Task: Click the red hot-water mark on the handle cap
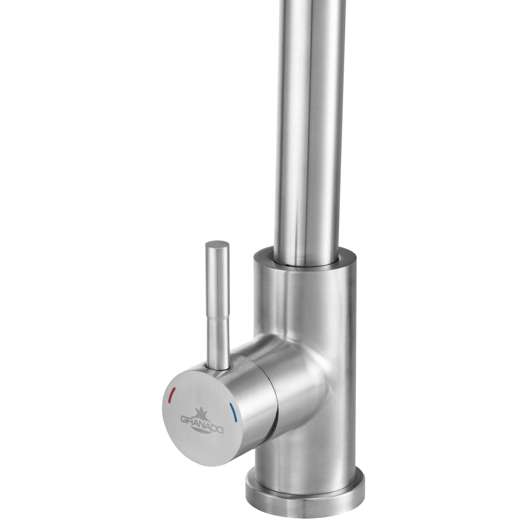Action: [172, 396]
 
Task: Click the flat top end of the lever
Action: [217, 245]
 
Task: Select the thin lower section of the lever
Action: [218, 342]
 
